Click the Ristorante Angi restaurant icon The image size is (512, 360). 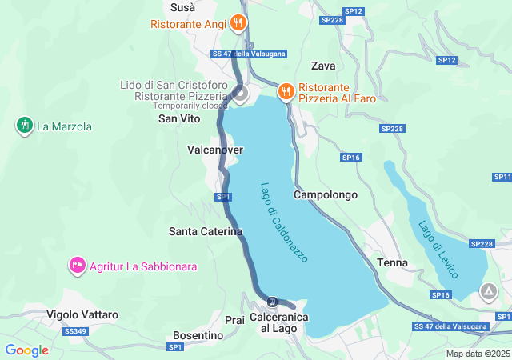coord(238,23)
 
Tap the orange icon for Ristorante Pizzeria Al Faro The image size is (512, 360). coord(286,92)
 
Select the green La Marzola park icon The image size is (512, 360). coord(24,126)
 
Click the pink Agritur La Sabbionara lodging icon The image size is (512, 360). coord(78,266)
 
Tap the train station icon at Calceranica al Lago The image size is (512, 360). coord(273,302)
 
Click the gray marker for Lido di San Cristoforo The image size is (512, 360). coord(240,94)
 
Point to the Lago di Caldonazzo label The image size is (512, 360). coord(283,222)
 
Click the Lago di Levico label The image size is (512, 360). coord(438,249)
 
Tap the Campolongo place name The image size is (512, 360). coord(325,194)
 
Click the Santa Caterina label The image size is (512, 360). coord(206,231)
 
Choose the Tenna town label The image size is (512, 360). coord(392,262)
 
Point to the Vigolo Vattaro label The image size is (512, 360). coord(82,314)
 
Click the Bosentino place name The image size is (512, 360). coord(198,335)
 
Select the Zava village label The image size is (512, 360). coord(323,66)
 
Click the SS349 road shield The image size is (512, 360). coord(74,330)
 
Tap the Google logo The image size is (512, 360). coord(26,350)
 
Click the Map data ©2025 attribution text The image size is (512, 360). coord(477,354)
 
